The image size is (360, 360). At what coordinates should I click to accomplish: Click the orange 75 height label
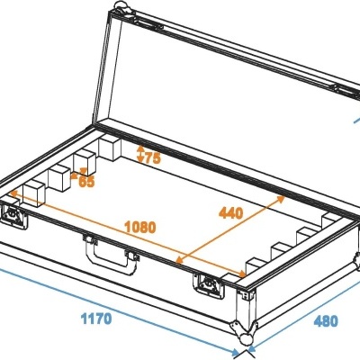(x=149, y=159)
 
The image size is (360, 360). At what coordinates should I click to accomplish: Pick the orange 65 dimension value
(x=86, y=181)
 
